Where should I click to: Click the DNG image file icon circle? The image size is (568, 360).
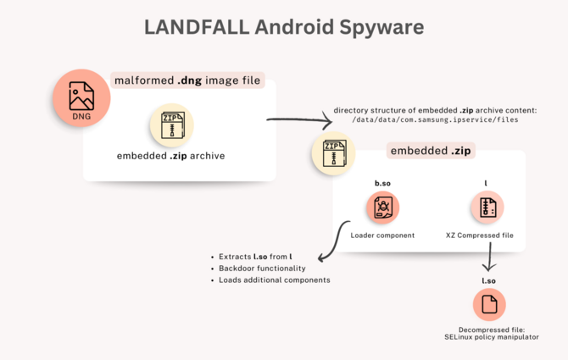(82, 97)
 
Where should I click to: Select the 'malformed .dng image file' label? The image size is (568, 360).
(187, 80)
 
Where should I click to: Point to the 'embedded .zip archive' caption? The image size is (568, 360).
(171, 156)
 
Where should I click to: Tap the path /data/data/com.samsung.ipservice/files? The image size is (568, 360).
(435, 121)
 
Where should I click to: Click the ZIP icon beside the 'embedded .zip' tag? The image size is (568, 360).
(333, 152)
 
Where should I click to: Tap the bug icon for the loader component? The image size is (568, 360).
(382, 208)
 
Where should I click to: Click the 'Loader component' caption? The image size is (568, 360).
(382, 235)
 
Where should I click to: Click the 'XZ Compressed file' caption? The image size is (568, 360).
(485, 235)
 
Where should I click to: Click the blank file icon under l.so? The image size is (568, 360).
(488, 304)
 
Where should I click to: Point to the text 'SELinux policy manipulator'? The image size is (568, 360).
(487, 336)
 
